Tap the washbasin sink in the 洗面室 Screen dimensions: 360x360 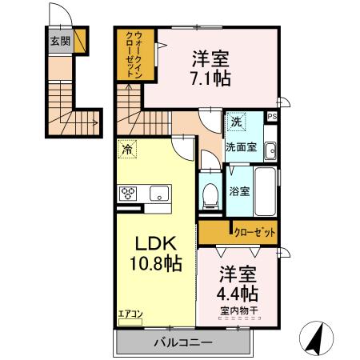click(270, 149)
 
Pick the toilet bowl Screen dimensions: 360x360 click(210, 194)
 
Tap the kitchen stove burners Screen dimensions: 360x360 click(130, 193)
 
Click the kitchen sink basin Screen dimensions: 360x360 click(158, 192)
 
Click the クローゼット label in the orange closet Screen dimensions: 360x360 click(255, 232)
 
